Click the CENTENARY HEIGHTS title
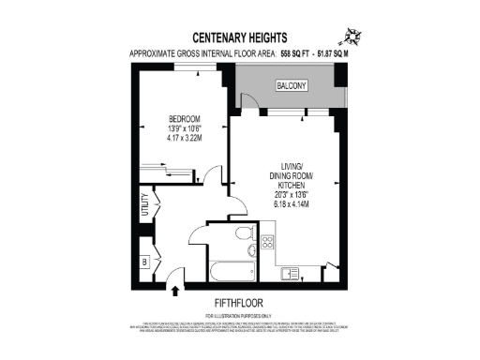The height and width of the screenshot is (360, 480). pos(239,39)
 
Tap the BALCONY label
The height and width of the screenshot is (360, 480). pos(291,86)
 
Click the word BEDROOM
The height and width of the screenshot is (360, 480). pos(183,118)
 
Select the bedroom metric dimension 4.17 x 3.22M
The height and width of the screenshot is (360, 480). pos(183,139)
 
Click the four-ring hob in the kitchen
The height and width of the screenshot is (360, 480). pos(266,244)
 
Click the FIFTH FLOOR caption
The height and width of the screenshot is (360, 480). pos(238,303)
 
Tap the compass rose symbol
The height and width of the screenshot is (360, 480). pos(352,37)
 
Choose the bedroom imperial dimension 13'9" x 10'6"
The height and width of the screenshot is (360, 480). pos(183,128)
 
